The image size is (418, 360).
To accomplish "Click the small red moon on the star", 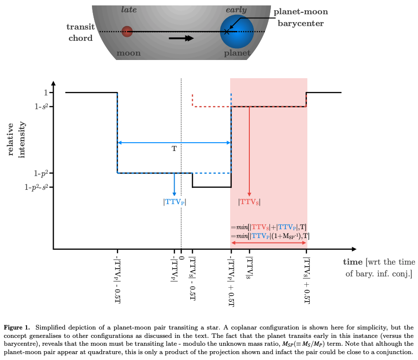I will coord(127,31).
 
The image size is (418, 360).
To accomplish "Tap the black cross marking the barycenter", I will coord(227,31).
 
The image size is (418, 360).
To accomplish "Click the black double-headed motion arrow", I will coord(181,38).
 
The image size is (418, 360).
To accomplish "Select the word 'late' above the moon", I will coord(129,10).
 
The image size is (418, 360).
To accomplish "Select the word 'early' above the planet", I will coord(236,10).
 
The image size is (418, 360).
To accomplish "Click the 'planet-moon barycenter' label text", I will coord(300,17).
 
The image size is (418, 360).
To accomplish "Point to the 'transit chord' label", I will coord(80,32).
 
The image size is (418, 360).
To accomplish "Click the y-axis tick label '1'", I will coord(45,92).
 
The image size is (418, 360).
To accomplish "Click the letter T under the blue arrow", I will coord(174,148).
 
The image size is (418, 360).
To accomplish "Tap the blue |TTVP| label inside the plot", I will coord(175,201).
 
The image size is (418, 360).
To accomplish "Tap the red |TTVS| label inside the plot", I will coord(249,201).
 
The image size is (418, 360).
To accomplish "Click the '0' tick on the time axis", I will coord(181,258).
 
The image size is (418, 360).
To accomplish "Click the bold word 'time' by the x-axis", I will coord(353,262).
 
